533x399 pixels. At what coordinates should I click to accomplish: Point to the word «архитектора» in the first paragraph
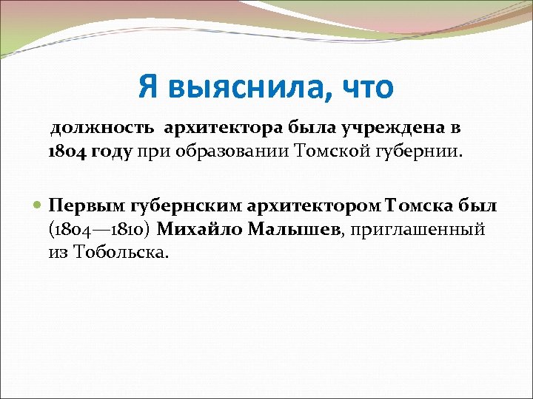[x=217, y=128]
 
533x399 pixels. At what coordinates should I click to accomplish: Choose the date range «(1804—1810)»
[x=100, y=228]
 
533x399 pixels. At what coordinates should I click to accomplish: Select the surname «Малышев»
[x=295, y=228]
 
